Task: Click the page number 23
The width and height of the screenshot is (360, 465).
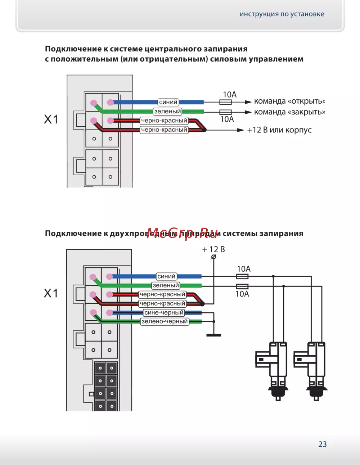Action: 322,444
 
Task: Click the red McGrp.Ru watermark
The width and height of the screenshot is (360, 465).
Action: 183,233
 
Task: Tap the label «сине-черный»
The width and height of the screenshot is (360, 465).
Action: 164,312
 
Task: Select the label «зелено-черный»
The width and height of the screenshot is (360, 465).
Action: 165,321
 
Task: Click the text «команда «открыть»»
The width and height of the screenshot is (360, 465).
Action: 289,101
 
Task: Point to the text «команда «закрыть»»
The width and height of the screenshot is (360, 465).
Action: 289,112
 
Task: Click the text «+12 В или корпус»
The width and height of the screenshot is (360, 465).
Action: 279,130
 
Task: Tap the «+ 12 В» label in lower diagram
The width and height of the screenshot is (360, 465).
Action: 213,249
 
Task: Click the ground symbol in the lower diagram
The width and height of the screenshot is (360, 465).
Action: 213,335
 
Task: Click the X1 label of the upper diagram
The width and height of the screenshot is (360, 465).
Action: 51,119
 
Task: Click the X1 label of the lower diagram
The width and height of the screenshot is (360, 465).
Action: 51,293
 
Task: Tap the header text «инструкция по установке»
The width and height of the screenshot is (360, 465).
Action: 282,14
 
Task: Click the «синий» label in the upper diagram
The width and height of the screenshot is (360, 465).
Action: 168,102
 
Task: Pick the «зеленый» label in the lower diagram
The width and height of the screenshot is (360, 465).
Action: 166,285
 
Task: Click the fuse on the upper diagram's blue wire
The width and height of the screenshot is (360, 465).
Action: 225,102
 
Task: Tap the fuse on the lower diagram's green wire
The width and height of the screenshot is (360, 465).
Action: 242,286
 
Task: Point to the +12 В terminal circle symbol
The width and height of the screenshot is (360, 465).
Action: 213,257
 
